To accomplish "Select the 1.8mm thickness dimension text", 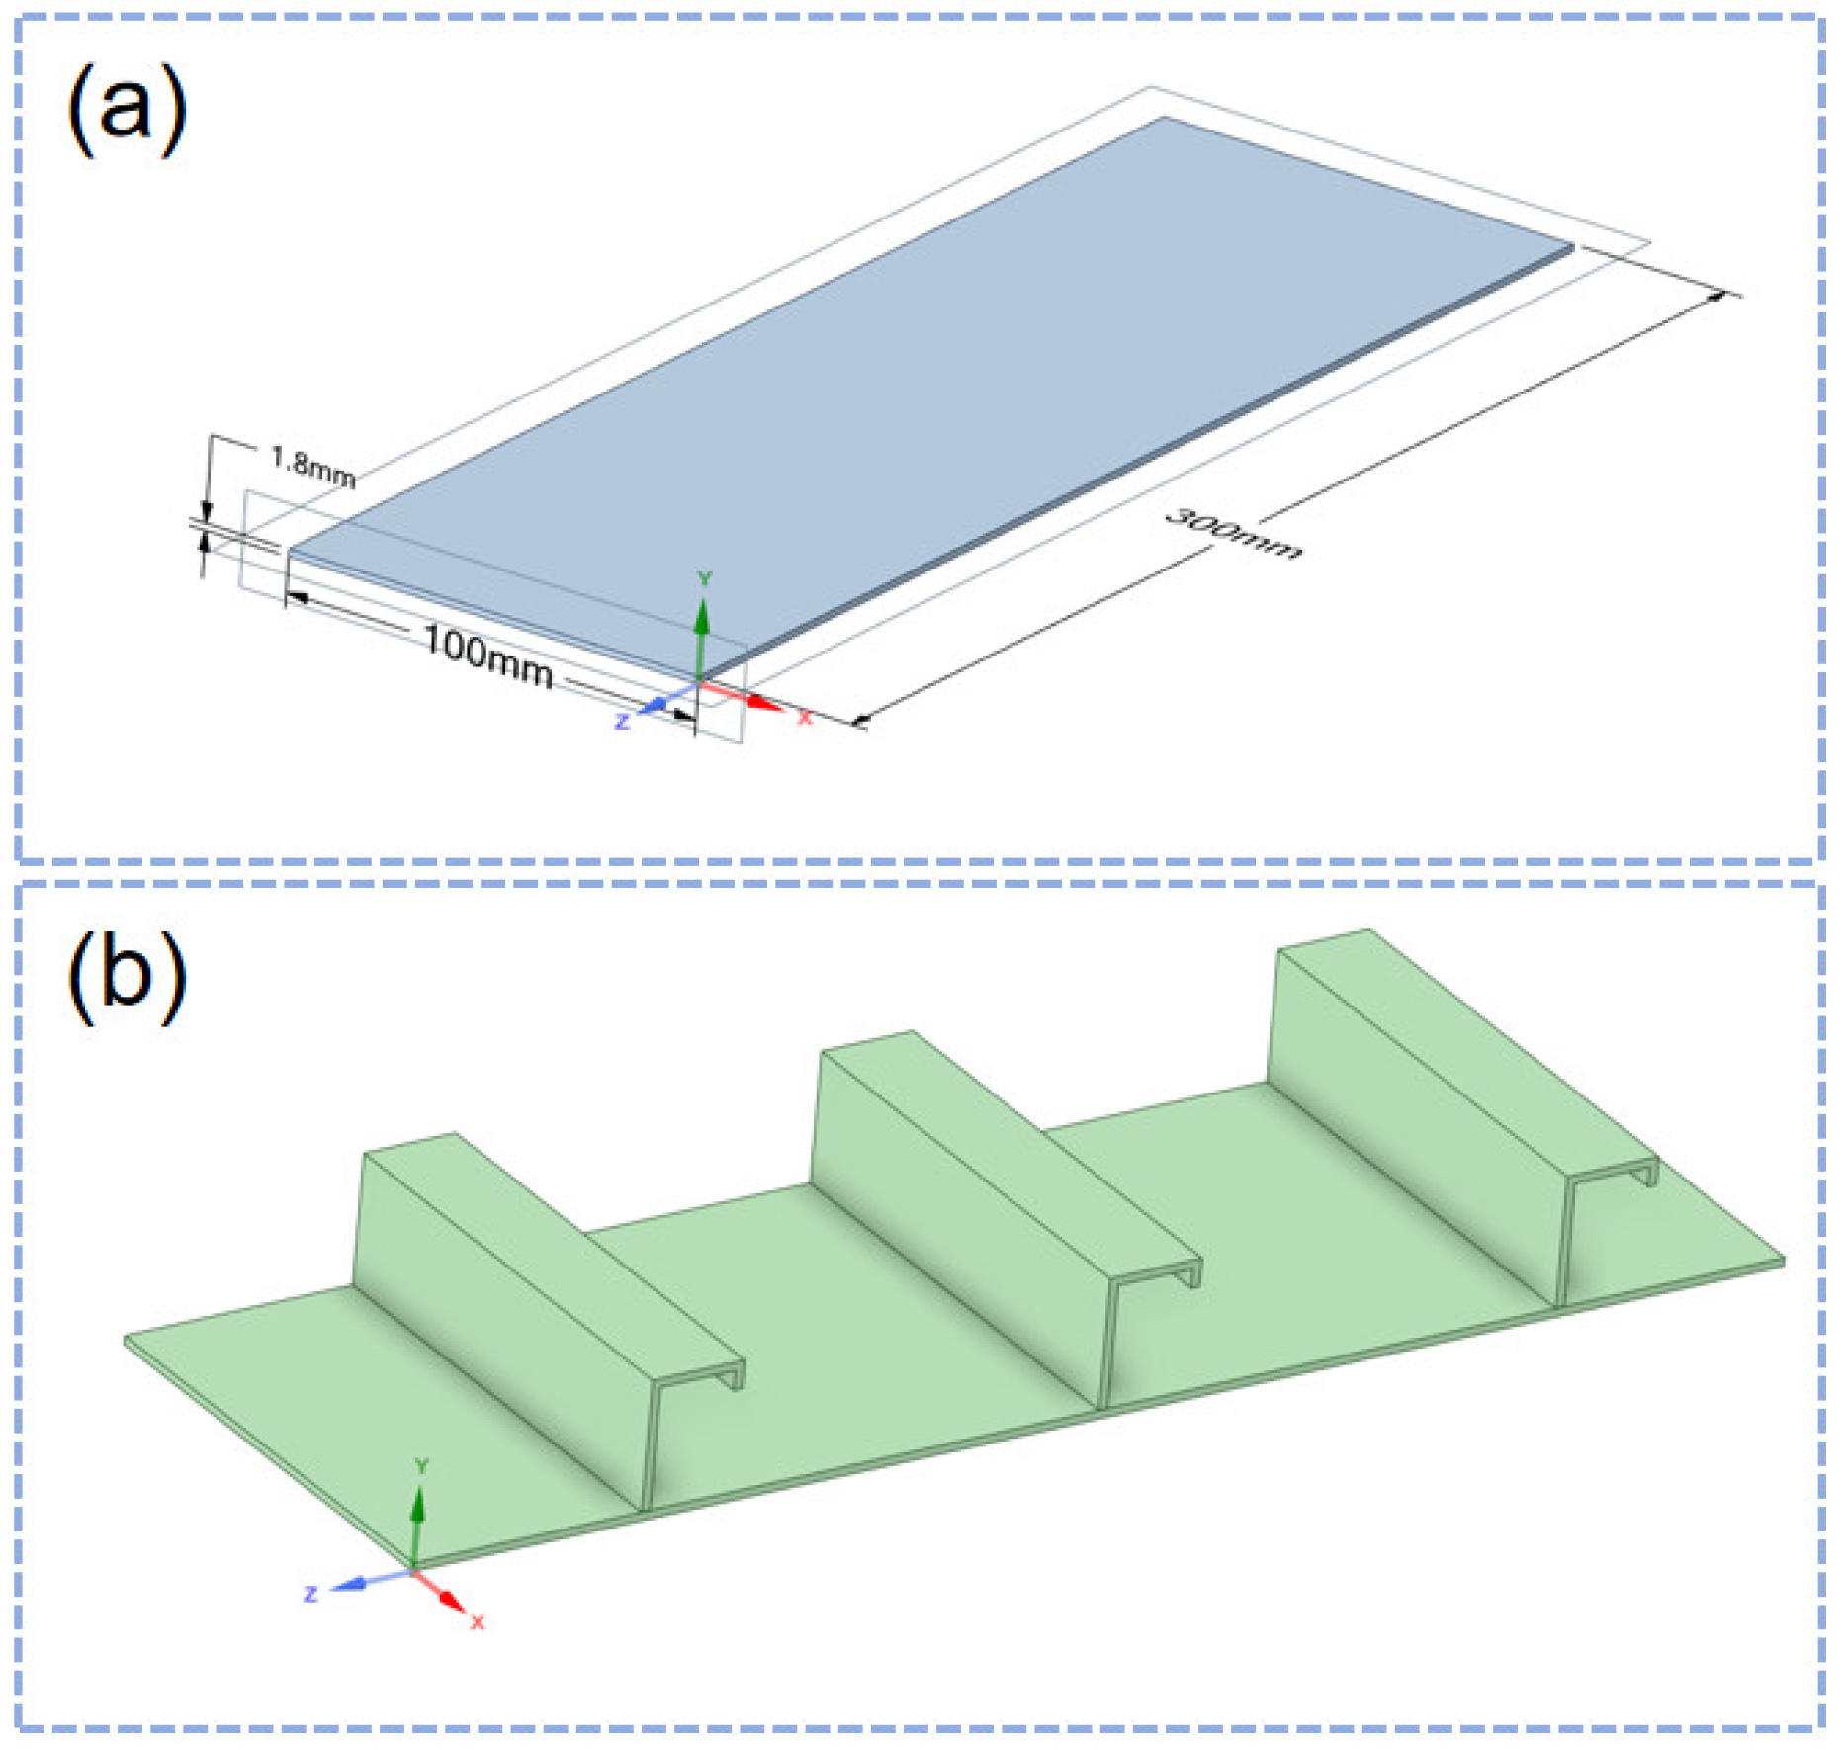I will (x=312, y=466).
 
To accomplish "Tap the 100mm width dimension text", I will (x=487, y=656).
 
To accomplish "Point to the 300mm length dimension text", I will (x=1233, y=534).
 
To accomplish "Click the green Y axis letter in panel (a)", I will (x=704, y=579).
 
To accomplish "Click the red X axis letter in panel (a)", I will (x=805, y=718).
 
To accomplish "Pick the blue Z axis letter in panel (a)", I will (x=622, y=722).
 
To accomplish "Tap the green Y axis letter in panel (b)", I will (x=421, y=1466).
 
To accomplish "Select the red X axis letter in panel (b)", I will (x=478, y=1621).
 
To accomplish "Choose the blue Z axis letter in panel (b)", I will (x=310, y=1594).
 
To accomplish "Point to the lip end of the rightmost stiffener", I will (x=1650, y=1174).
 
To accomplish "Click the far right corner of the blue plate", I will (x=1573, y=246).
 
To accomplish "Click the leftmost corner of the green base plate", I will (x=127, y=1340).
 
